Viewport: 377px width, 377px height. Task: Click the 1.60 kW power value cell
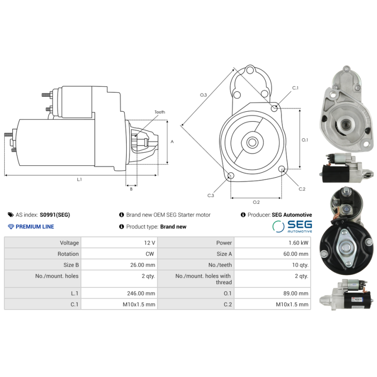pos(300,243)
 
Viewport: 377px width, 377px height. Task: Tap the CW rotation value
pos(150,254)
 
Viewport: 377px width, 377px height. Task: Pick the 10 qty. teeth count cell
pos(300,265)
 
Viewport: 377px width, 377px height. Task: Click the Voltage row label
pos(69,243)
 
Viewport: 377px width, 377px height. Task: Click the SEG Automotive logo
pos(292,226)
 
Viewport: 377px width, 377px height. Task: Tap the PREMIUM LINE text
pos(35,227)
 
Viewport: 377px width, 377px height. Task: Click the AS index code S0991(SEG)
pos(55,215)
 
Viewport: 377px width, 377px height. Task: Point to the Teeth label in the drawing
pos(160,112)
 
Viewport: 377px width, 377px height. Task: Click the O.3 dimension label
pos(203,95)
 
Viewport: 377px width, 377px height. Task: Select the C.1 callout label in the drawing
pos(295,88)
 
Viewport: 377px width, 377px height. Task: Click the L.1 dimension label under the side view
pos(79,179)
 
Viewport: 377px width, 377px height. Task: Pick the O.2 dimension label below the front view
pos(256,202)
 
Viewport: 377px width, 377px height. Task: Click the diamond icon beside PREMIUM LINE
pos(11,227)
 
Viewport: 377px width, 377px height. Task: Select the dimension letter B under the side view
pos(131,189)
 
